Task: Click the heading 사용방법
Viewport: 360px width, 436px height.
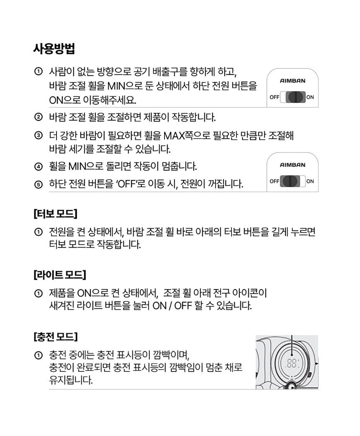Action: [x=54, y=49]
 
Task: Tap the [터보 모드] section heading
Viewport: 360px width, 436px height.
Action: [x=55, y=214]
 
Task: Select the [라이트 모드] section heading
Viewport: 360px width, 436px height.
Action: [x=59, y=275]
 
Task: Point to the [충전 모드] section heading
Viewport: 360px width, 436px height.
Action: [x=55, y=337]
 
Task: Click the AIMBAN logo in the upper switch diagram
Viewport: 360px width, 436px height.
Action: [x=292, y=81]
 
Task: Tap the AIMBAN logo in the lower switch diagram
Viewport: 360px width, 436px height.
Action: [x=292, y=165]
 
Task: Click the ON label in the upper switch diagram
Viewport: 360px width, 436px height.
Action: [x=310, y=97]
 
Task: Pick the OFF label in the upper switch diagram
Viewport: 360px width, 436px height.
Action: [x=274, y=97]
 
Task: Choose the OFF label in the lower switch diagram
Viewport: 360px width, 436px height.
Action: [x=274, y=181]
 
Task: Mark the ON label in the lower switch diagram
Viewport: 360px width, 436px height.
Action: [x=310, y=181]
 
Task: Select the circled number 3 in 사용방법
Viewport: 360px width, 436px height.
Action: [x=38, y=136]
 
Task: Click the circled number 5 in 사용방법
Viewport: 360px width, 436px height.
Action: [x=38, y=185]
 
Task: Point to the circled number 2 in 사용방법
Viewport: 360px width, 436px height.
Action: [x=38, y=117]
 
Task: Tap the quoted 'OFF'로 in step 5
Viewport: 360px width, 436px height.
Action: [x=130, y=185]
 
